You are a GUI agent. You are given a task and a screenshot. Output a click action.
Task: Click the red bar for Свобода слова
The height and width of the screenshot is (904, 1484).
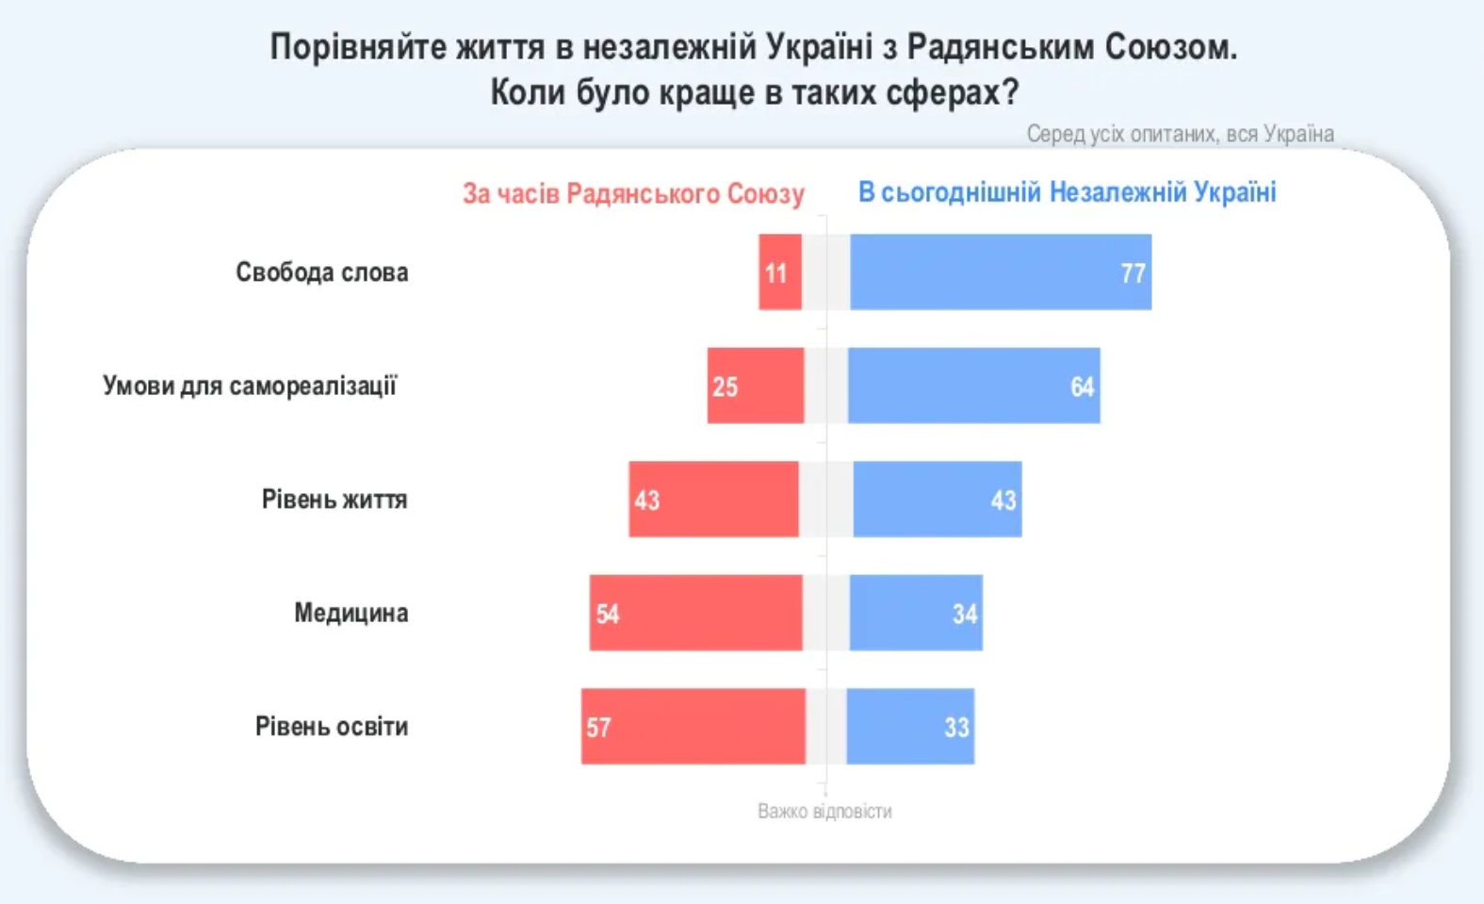[780, 272]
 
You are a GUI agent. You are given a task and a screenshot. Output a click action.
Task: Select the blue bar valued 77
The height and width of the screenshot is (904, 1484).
[1000, 272]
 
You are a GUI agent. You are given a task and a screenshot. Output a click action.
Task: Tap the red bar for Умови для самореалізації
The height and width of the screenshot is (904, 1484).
[756, 386]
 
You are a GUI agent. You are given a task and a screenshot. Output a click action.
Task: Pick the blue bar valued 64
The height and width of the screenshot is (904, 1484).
[973, 386]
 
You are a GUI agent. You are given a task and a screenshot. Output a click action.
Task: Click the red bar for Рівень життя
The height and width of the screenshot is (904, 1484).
[713, 500]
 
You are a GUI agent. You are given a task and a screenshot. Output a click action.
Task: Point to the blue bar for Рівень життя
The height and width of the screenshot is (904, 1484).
[937, 500]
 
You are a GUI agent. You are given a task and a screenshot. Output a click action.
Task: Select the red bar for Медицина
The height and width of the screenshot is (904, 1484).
[695, 613]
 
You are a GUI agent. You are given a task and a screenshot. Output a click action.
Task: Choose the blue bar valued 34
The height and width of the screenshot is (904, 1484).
[915, 613]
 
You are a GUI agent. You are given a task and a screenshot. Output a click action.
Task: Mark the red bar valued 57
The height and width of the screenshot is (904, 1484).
[693, 727]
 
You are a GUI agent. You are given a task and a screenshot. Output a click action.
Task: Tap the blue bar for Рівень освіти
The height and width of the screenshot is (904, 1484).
[910, 727]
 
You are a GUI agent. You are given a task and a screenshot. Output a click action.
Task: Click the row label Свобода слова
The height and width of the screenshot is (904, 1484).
[321, 272]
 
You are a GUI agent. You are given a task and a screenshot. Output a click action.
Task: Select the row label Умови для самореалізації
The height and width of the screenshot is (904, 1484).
[250, 386]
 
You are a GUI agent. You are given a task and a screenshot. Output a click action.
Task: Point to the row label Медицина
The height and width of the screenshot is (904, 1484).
[351, 613]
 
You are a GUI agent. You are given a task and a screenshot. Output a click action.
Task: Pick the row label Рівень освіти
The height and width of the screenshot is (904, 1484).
[331, 727]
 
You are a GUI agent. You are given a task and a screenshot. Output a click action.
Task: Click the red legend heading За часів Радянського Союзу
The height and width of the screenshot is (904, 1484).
[633, 194]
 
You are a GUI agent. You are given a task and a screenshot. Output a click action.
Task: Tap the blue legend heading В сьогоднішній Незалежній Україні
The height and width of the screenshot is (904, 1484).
[1067, 192]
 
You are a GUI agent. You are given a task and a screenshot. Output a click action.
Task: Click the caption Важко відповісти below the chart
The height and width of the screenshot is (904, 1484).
[824, 812]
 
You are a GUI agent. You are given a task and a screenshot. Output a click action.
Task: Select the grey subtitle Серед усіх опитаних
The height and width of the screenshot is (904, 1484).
[1180, 134]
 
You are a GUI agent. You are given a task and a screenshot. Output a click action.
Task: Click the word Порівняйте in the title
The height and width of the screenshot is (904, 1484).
[358, 47]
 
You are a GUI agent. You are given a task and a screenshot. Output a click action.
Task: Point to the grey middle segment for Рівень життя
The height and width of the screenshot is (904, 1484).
[825, 500]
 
